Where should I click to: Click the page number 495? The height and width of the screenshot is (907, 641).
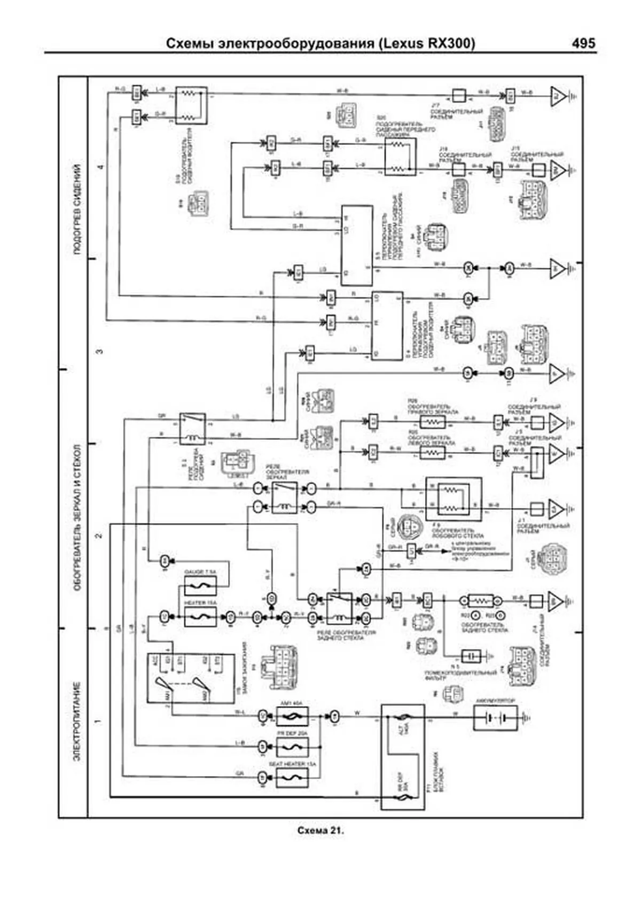tap(583, 43)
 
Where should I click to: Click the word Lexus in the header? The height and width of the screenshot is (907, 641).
tap(402, 43)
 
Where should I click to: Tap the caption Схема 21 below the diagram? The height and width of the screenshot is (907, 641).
tap(320, 831)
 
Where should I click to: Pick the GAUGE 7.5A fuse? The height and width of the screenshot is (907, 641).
tap(200, 586)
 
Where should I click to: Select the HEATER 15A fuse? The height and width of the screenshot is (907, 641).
tap(200, 617)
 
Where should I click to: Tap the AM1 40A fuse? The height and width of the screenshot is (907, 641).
tap(292, 716)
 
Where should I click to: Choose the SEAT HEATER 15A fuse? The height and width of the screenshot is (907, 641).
tap(292, 777)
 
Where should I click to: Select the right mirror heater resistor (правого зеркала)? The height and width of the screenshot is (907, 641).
tap(432, 422)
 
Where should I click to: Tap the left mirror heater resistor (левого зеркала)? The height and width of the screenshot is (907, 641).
tap(432, 453)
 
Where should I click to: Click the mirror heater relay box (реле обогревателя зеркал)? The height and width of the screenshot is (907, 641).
tap(285, 497)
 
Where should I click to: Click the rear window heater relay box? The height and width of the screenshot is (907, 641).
tap(339, 608)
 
